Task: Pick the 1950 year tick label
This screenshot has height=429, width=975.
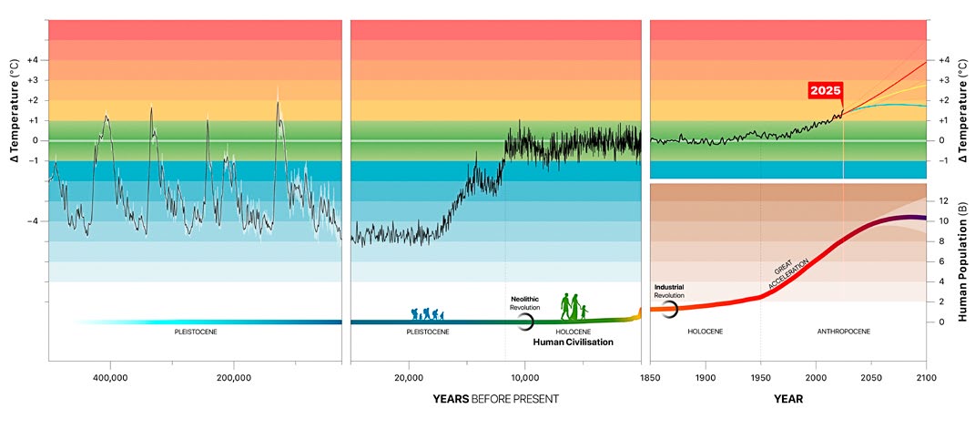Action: pyautogui.click(x=761, y=376)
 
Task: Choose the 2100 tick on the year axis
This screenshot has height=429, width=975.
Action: pyautogui.click(x=926, y=376)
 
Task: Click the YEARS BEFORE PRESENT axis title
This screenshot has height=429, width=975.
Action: pyautogui.click(x=495, y=399)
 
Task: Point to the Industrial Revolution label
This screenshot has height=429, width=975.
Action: pyautogui.click(x=669, y=292)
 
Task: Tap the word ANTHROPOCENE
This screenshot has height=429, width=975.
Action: pyautogui.click(x=844, y=332)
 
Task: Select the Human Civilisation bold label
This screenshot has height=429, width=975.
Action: pyautogui.click(x=573, y=342)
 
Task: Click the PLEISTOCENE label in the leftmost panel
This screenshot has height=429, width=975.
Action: pyautogui.click(x=195, y=332)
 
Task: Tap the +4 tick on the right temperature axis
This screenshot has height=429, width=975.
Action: pyautogui.click(x=945, y=60)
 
